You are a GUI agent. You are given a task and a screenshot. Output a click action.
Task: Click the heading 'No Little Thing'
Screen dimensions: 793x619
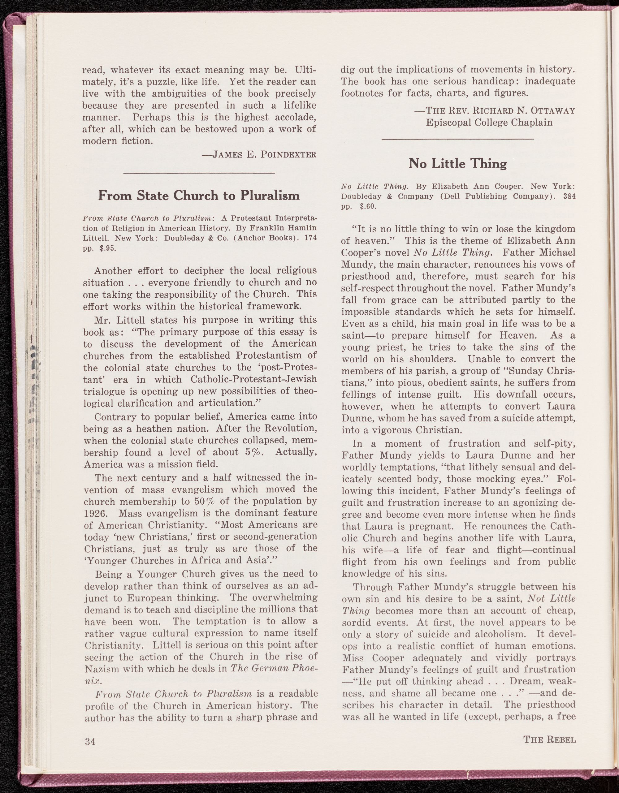tap(458, 164)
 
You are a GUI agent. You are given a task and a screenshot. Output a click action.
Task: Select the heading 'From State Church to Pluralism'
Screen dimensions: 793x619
tap(199, 196)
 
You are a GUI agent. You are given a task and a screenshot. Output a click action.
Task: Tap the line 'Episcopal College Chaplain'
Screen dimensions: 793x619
tap(489, 122)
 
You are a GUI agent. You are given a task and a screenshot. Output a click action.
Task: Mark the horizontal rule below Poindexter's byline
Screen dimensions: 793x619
tap(199, 173)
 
